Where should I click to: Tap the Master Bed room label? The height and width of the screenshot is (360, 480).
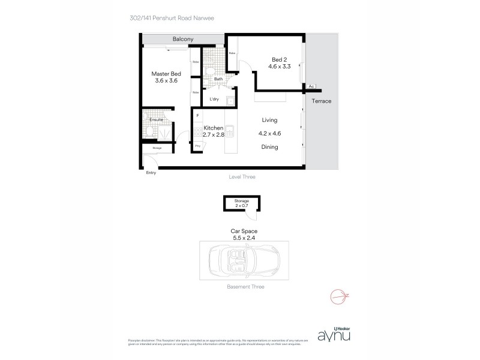[x=166, y=73]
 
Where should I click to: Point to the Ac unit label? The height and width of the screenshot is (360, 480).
[x=311, y=86]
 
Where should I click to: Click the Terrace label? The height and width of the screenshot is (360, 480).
[x=322, y=101]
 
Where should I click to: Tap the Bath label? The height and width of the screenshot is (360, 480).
[x=218, y=79]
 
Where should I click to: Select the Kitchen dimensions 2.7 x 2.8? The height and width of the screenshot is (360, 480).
[x=214, y=135]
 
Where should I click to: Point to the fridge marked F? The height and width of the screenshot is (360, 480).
[x=197, y=115]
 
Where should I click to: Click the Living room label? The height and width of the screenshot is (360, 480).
[x=269, y=120]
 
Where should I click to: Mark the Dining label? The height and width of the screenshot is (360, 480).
[x=269, y=147]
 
